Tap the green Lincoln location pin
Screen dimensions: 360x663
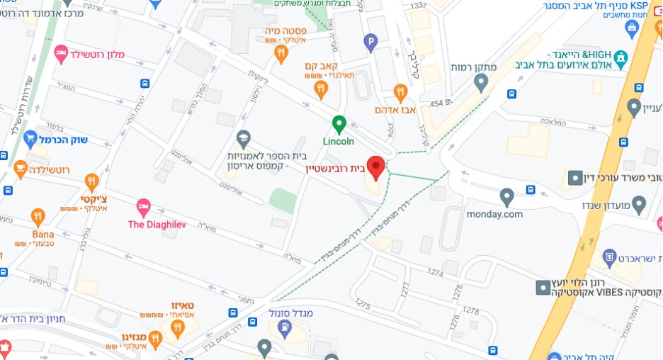[339, 124]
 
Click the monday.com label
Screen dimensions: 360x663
[494, 213]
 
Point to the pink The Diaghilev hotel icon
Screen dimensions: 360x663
[144, 207]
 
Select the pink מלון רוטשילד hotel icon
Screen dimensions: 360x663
[61, 52]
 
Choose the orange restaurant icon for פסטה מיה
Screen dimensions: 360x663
[282, 52]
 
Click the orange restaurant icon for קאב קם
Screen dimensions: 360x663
[321, 89]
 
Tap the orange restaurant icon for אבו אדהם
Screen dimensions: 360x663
[400, 92]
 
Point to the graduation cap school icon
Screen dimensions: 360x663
[244, 137]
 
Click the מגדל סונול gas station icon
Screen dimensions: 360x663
[285, 327]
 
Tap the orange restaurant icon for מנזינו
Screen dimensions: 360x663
[156, 339]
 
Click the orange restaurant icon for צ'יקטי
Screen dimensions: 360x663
[91, 182]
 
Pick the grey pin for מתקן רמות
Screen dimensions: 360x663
[482, 84]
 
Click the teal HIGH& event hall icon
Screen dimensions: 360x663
[621, 58]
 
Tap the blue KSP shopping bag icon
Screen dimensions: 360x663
[633, 28]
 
